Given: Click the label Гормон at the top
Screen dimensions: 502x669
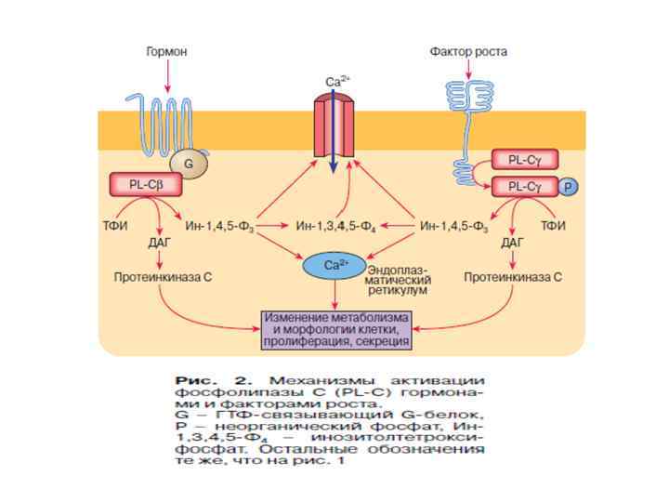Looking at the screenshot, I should [166, 52].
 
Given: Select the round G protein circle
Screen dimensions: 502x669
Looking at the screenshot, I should [190, 165].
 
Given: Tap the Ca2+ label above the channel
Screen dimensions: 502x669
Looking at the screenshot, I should [337, 82].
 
